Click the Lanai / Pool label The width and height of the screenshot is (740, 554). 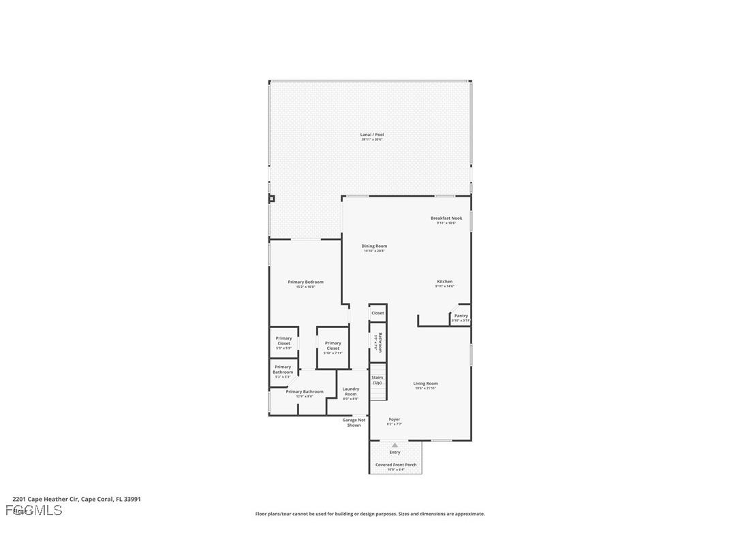click(371, 135)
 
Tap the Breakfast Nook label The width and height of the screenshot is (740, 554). click(446, 219)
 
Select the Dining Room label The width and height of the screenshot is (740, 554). click(374, 247)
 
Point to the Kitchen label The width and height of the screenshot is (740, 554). click(444, 282)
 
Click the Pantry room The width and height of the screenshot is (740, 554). click(461, 316)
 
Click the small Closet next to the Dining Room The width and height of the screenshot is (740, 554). click(377, 313)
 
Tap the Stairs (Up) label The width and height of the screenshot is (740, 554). click(377, 380)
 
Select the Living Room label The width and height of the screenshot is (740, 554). click(425, 385)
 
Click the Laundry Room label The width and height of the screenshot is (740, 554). click(350, 392)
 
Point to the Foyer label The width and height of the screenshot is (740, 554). click(395, 421)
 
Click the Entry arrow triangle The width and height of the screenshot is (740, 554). click(395, 445)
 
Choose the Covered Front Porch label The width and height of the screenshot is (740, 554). click(395, 466)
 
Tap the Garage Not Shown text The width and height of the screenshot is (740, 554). click(354, 423)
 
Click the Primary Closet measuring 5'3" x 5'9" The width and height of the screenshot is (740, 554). click(283, 342)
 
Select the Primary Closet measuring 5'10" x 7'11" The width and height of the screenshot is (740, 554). click(333, 346)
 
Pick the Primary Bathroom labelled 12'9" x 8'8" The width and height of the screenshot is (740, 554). click(305, 393)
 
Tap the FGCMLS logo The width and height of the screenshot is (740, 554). click(34, 510)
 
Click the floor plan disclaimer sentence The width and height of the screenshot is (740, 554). click(370, 514)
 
